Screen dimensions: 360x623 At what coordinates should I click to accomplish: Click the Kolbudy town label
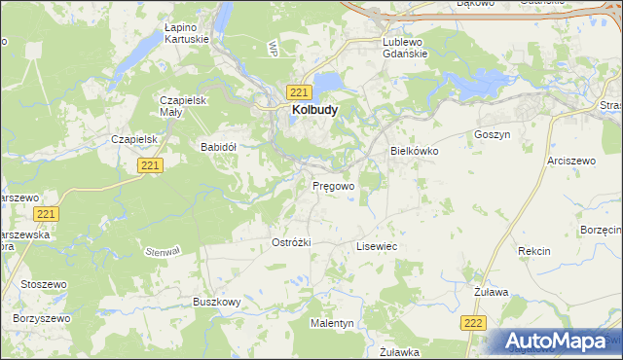tap(314, 111)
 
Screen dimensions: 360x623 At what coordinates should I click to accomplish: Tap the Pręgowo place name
tap(333, 184)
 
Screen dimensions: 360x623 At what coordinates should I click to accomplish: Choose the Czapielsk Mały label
tap(184, 106)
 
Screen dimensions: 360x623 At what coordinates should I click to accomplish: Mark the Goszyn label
tap(492, 134)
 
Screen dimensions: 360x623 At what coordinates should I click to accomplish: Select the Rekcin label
tap(534, 251)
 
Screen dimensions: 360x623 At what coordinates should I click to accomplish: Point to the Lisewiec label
tap(377, 247)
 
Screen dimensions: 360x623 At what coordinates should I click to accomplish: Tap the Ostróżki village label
tap(291, 242)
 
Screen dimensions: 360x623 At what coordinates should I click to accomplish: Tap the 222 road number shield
tap(474, 323)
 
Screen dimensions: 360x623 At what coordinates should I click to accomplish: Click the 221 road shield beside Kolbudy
tap(299, 91)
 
